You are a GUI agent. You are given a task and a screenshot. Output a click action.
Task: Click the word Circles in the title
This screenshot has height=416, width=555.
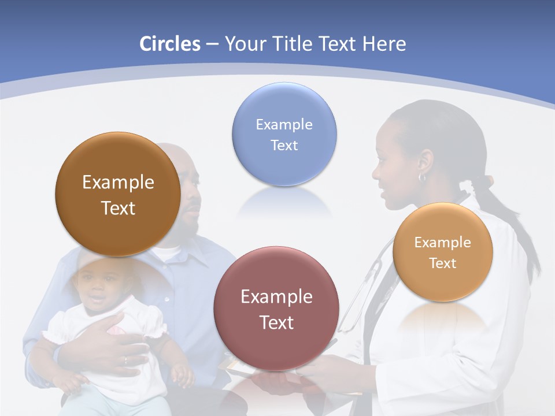[169, 44]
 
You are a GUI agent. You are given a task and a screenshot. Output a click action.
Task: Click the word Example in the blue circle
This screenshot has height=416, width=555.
[284, 125]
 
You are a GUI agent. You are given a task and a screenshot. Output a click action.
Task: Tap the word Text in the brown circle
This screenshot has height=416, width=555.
[118, 208]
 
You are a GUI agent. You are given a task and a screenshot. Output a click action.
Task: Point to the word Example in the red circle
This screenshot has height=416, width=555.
[276, 297]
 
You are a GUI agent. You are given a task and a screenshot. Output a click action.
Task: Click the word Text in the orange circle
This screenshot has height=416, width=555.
[442, 263]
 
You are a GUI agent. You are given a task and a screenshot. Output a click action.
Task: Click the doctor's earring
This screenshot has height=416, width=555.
[422, 177]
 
